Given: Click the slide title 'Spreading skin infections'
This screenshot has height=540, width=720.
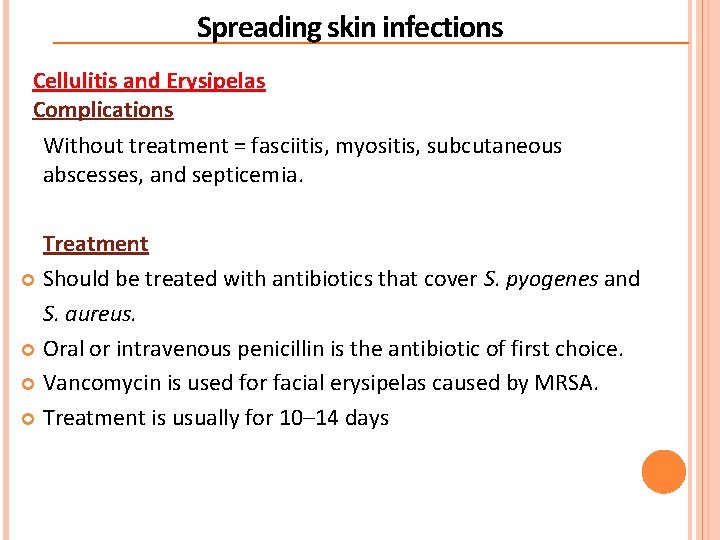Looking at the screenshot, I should coord(349,27).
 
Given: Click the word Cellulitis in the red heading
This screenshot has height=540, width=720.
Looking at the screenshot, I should coord(75,81).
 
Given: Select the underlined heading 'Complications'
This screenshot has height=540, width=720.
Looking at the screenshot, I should coord(103,110).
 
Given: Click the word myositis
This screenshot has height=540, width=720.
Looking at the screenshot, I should coord(376,146).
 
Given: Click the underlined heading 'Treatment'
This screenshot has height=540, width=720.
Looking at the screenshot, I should coord(95,244).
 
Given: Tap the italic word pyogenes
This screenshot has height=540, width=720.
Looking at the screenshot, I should coord(550,279).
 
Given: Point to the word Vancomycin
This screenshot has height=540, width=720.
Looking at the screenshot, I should coord(99,383).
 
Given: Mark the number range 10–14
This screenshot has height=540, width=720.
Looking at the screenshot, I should coord(304,418).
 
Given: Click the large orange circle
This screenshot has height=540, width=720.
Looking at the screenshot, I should coord(664,472).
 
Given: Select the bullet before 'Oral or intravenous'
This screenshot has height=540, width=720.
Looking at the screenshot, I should coord(29,350).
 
